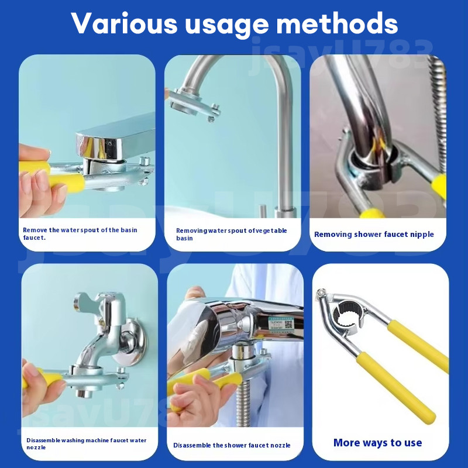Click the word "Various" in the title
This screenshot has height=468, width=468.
pos(124,23)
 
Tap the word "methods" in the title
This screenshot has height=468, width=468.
pos(337,23)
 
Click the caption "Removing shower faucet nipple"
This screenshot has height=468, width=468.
pos(374,235)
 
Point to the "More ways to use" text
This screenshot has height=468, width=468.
pos(377,443)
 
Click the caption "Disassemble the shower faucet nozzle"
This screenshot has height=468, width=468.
pos(232,445)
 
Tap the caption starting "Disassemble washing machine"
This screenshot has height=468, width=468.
pos(86,443)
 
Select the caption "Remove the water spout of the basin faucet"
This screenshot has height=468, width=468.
pos(80,233)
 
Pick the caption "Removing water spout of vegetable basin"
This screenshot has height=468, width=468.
pos(231,235)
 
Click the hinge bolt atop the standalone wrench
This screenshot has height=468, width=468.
pos(321,292)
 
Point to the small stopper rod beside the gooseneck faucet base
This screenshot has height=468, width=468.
pos(262,211)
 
